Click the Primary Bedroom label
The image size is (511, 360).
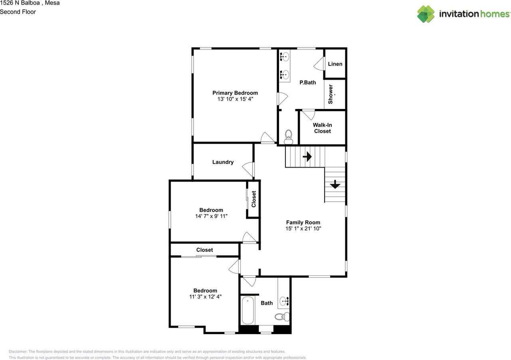tap(235, 93)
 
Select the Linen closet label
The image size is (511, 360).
tap(335, 64)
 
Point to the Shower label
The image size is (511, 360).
tap(331, 94)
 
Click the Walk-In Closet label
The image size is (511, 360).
tap(322, 128)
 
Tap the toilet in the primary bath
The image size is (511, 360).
tap(288, 137)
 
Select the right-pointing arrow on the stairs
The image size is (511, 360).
tap(307, 156)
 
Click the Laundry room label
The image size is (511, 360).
tap(223, 162)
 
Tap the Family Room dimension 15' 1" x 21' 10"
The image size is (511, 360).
tap(303, 229)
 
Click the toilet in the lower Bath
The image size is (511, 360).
tap(281, 317)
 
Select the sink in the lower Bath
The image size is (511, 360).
tap(284, 301)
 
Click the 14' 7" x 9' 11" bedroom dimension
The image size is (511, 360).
tap(211, 216)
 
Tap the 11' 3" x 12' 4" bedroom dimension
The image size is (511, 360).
tap(205, 297)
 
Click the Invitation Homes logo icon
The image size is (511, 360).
tap(426, 14)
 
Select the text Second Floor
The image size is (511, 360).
tap(18, 12)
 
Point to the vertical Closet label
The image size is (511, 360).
tap(254, 199)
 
